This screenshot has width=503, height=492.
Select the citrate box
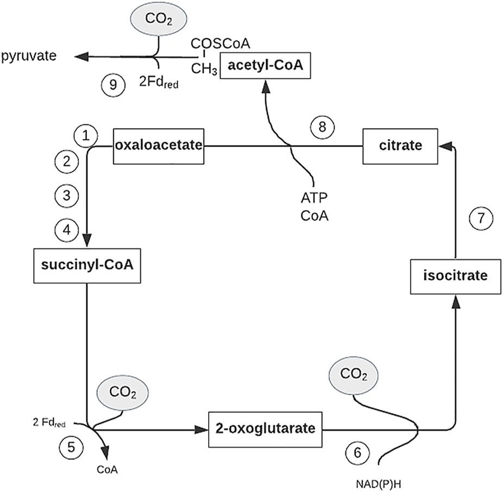pos(400,146)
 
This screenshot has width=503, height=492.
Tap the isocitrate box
pos(454,276)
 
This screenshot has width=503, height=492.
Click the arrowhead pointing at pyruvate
pos(81,56)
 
